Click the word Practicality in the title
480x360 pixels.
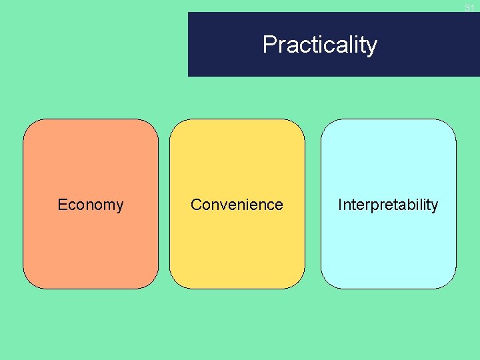(x=320, y=45)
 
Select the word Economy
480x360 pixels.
(x=91, y=205)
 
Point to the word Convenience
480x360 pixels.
(x=237, y=205)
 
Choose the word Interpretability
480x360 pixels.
(x=388, y=205)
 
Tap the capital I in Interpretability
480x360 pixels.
(x=340, y=205)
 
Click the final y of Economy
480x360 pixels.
(x=119, y=206)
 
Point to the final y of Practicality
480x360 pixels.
(x=372, y=47)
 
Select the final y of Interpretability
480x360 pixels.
(x=435, y=206)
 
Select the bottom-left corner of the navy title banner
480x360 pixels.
(x=189, y=76)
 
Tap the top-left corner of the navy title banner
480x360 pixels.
(x=189, y=13)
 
